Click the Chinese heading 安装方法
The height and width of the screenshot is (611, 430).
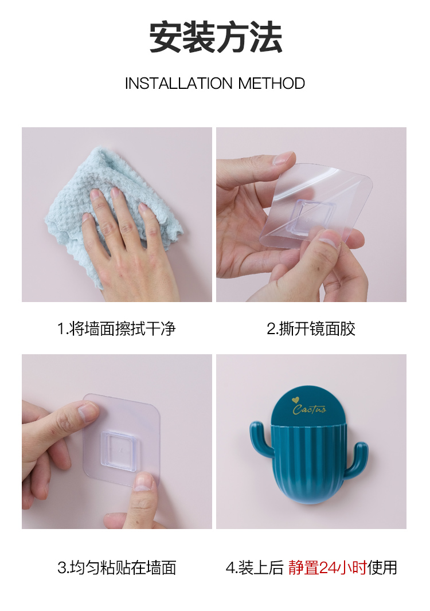pyautogui.click(x=215, y=37)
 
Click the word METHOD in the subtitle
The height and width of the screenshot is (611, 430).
pyautogui.click(x=271, y=83)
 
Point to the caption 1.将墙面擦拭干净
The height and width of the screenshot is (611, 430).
pyautogui.click(x=116, y=328)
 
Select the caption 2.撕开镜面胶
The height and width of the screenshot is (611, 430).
pyautogui.click(x=311, y=328)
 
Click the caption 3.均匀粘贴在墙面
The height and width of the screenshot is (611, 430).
pyautogui.click(x=116, y=567)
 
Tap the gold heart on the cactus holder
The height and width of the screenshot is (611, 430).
pyautogui.click(x=295, y=400)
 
